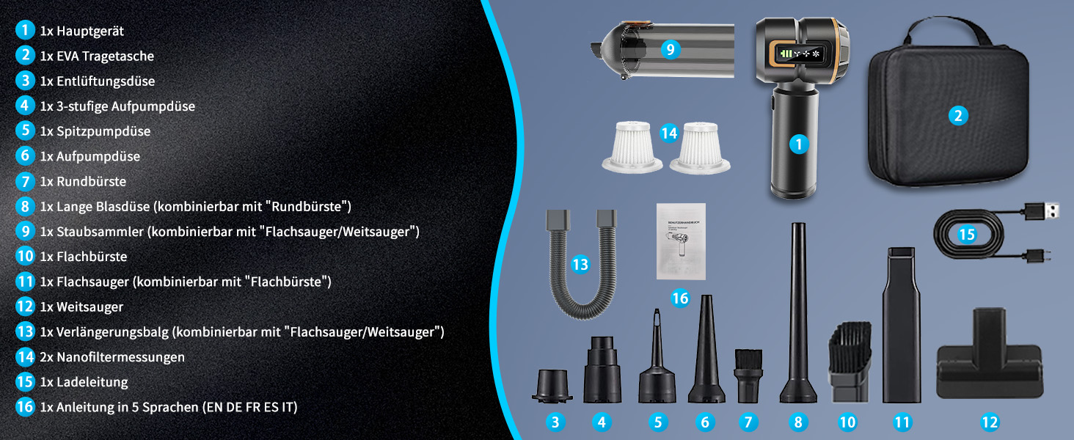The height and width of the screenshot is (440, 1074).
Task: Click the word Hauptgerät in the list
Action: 90,31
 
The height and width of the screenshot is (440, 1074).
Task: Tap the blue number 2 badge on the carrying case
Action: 958,116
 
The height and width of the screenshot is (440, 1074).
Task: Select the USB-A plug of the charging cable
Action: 1042,211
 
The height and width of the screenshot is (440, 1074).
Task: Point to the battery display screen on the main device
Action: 798,54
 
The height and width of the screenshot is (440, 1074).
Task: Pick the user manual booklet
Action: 681,241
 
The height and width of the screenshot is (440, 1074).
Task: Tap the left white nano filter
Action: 632,147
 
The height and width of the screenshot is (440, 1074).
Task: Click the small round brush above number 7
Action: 748,375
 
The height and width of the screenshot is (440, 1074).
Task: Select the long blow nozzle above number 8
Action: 798,312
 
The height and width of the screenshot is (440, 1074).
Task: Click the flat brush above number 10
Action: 849,362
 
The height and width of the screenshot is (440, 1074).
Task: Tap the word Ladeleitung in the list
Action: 92,382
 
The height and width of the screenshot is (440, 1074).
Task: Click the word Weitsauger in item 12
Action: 89,307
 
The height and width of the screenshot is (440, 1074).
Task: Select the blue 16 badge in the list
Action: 25,407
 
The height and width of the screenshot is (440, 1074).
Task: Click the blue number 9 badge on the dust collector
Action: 671,49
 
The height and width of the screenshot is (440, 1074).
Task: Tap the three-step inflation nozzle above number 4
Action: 602,369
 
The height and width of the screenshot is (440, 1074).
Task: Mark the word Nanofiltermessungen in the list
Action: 120,357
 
